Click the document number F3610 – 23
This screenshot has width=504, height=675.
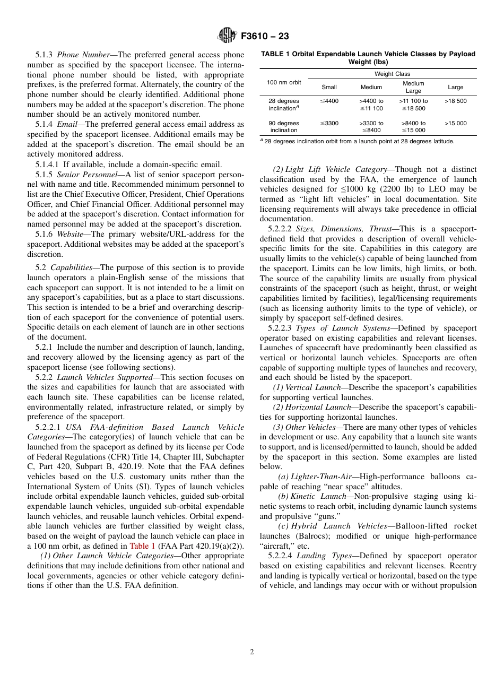click(x=265, y=37)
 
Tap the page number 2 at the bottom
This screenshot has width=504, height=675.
click(x=252, y=652)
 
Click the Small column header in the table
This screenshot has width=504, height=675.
click(x=329, y=87)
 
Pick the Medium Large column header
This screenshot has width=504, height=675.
click(x=413, y=87)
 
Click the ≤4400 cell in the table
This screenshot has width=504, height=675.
click(x=329, y=101)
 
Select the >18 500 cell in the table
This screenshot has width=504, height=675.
click(x=455, y=101)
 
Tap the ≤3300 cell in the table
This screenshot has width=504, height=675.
click(x=329, y=123)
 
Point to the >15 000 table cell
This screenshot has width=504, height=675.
click(x=455, y=123)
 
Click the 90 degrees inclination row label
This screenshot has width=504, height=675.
click(x=284, y=127)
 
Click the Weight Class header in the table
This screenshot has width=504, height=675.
click(x=392, y=74)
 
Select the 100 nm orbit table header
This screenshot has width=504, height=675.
click(x=284, y=82)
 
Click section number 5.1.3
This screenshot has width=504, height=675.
click(x=45, y=55)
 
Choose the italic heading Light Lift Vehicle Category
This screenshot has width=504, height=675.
click(x=336, y=169)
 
